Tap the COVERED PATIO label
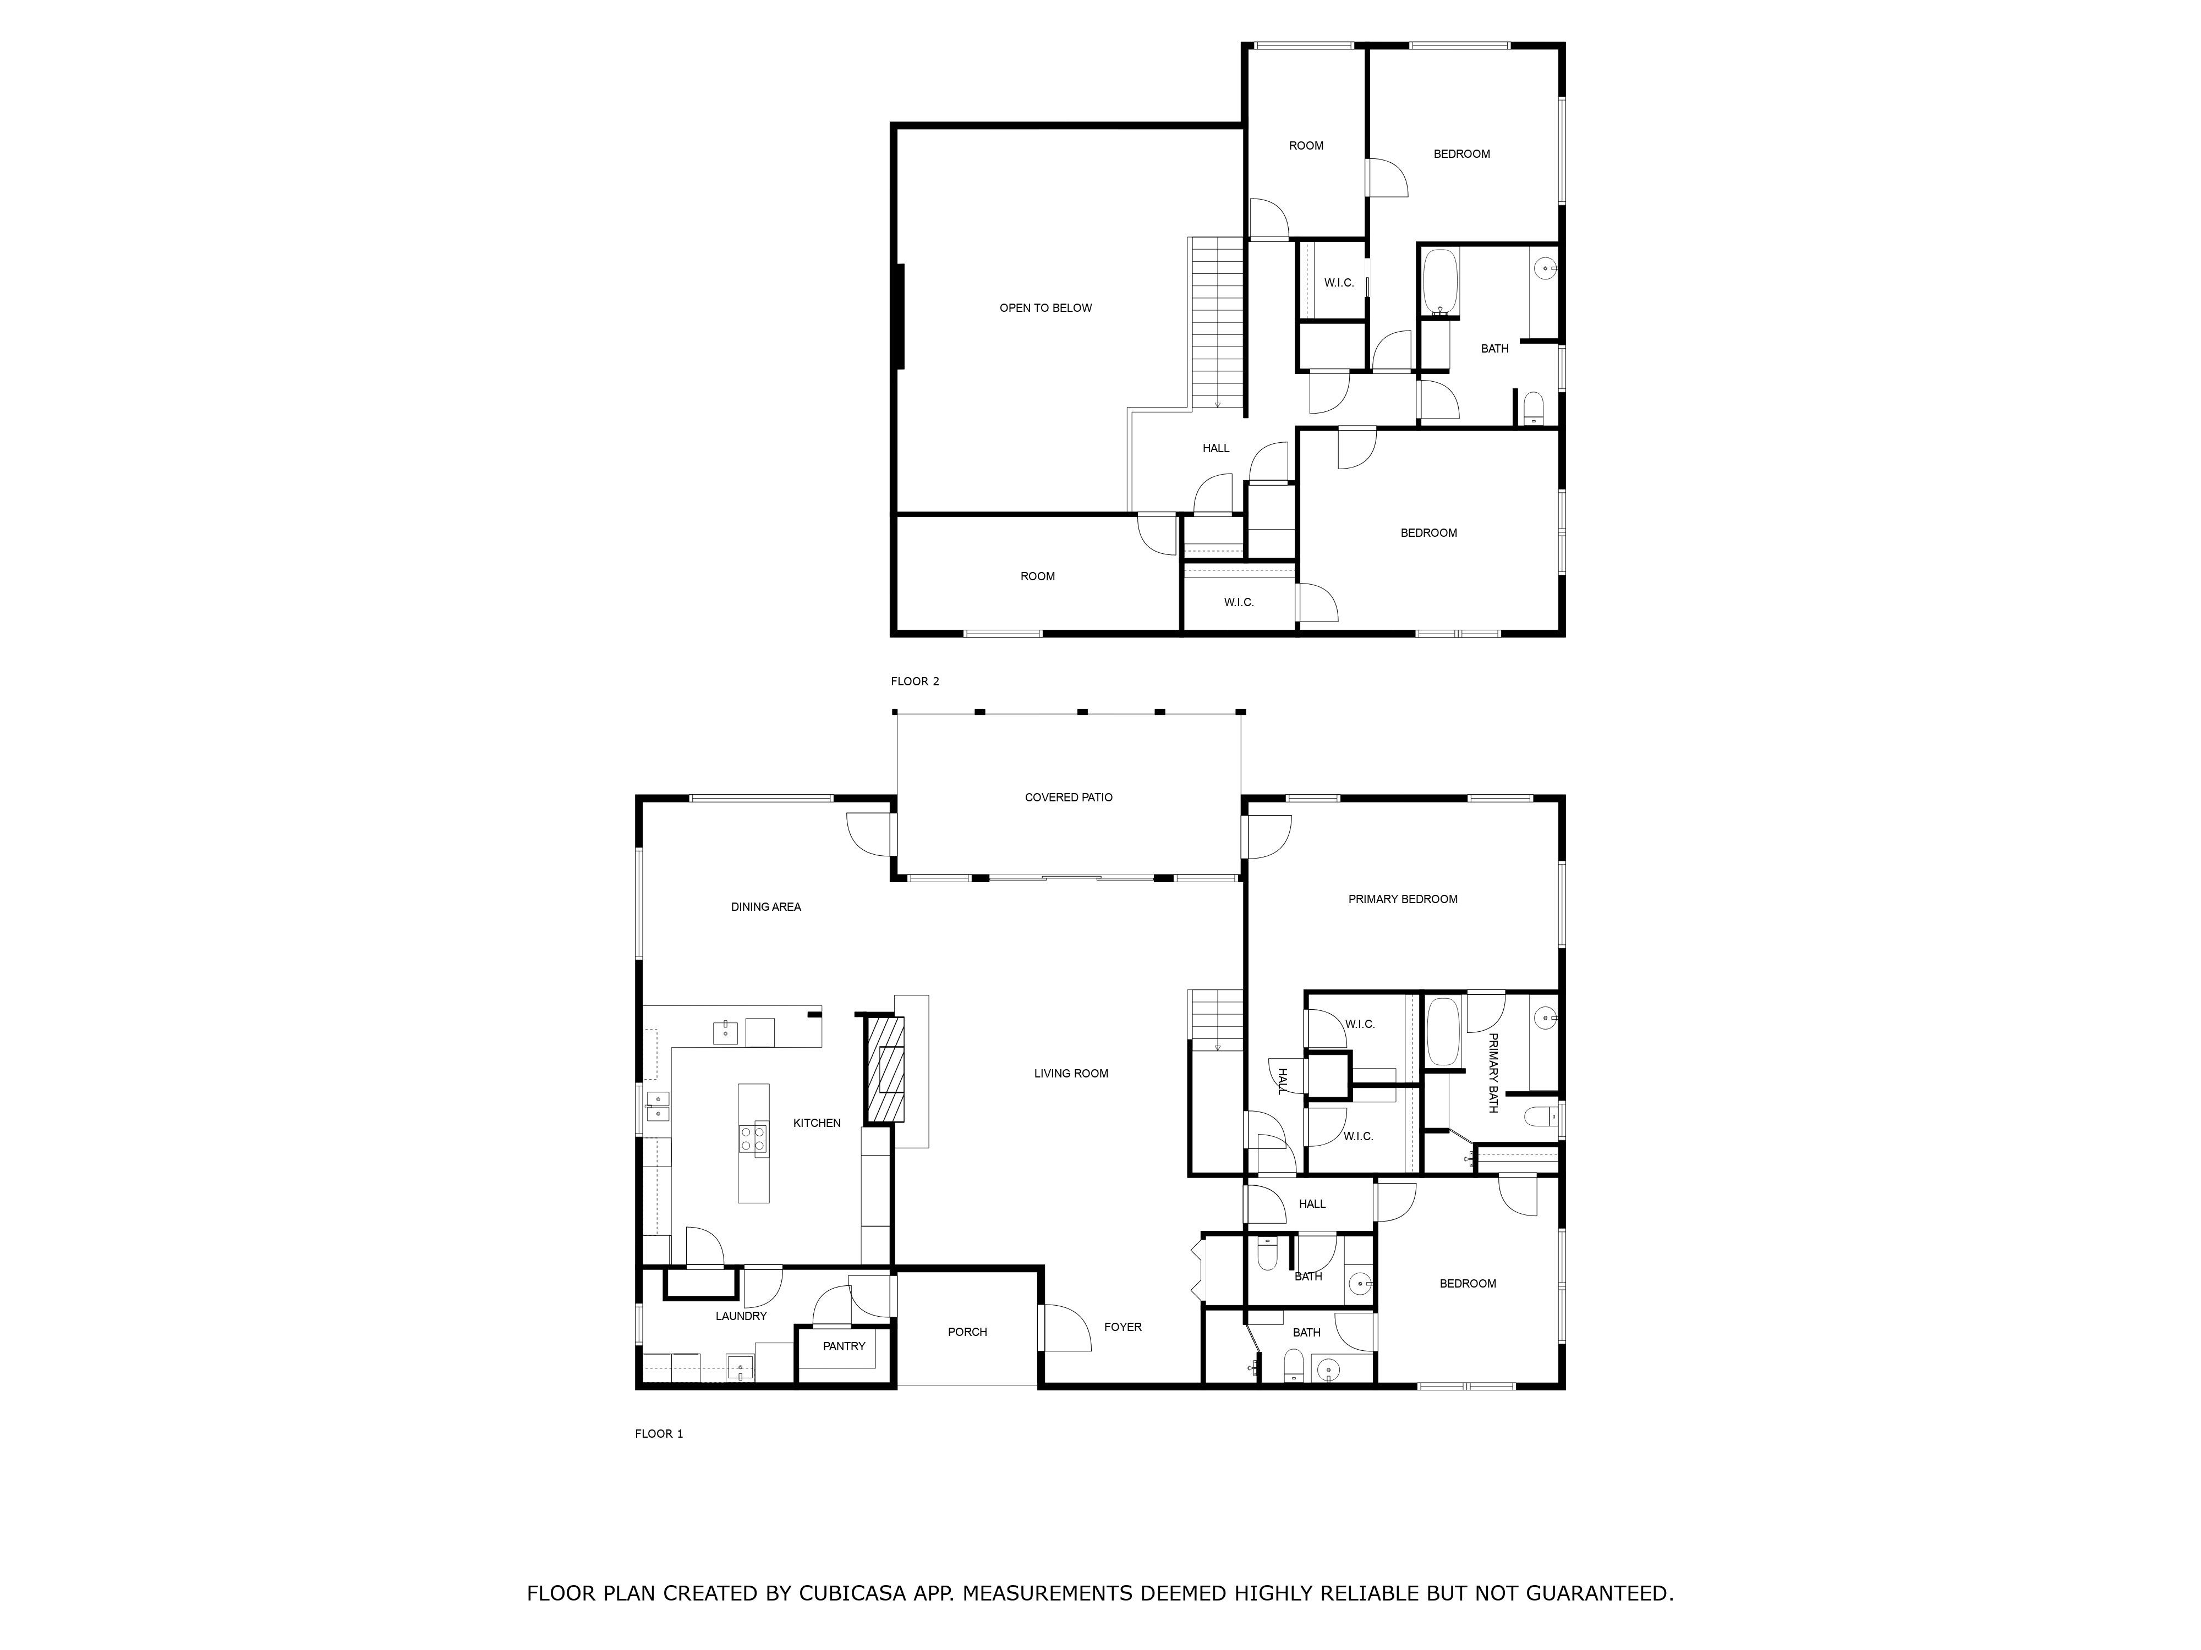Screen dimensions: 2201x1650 [x=1069, y=798]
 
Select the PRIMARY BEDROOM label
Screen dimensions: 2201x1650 [x=1403, y=899]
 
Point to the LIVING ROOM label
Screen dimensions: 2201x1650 [x=1071, y=1073]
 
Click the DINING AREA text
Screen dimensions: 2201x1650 [x=766, y=907]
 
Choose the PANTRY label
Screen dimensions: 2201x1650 [x=844, y=1346]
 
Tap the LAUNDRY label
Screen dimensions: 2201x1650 [x=741, y=1316]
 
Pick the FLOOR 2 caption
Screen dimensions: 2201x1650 [x=915, y=681]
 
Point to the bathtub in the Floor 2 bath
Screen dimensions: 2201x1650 [x=1440, y=283]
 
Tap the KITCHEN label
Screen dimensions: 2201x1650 [x=817, y=1123]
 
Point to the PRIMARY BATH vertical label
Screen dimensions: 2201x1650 [x=1492, y=1073]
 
